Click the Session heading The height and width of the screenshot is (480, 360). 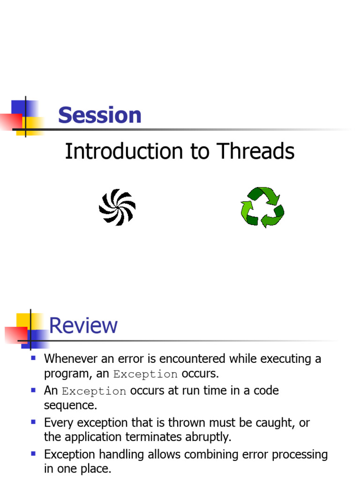(99, 115)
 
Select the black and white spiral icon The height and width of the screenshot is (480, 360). (117, 207)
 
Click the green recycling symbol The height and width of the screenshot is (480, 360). (262, 207)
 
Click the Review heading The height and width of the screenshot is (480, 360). (83, 325)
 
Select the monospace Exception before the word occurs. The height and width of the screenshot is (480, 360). (145, 375)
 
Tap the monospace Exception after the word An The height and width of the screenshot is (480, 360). (94, 391)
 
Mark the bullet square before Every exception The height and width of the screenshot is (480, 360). (33, 422)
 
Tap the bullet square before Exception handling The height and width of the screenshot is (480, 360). (33, 453)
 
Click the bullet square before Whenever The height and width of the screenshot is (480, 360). (33, 358)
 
